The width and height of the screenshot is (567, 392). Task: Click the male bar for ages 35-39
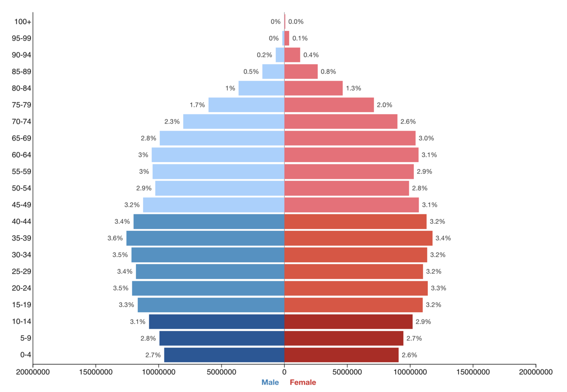205,238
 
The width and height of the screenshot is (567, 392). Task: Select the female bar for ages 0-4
342,355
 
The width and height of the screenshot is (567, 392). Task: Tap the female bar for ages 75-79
329,105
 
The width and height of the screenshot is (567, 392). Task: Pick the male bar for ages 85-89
273,71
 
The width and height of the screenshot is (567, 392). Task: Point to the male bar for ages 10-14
217,322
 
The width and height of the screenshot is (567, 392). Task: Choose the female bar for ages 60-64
351,155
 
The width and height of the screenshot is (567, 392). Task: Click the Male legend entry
270,382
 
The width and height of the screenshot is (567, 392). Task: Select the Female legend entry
303,382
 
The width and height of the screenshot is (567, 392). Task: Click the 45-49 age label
21,205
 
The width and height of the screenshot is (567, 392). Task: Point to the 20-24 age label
21,288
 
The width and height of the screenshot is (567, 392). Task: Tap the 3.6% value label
115,238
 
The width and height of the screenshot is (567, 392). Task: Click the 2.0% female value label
384,105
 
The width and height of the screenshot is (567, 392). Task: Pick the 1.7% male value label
197,105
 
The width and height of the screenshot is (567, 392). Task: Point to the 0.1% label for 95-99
300,38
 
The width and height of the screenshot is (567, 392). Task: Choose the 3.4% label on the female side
443,238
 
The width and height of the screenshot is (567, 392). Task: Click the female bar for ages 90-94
292,55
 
